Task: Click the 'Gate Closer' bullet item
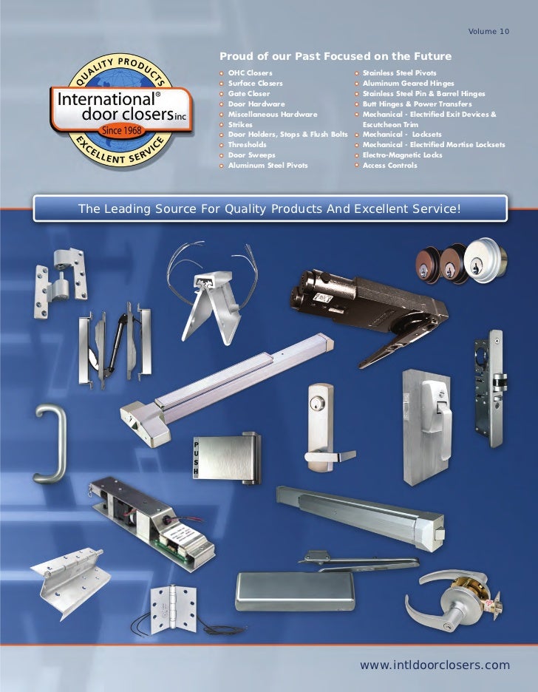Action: [x=249, y=94]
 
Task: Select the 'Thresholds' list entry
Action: [x=248, y=145]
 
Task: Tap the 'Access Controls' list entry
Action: [x=389, y=165]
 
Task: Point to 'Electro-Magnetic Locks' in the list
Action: [x=402, y=155]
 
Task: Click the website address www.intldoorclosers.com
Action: [x=435, y=665]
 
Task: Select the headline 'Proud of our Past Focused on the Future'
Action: [x=335, y=57]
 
